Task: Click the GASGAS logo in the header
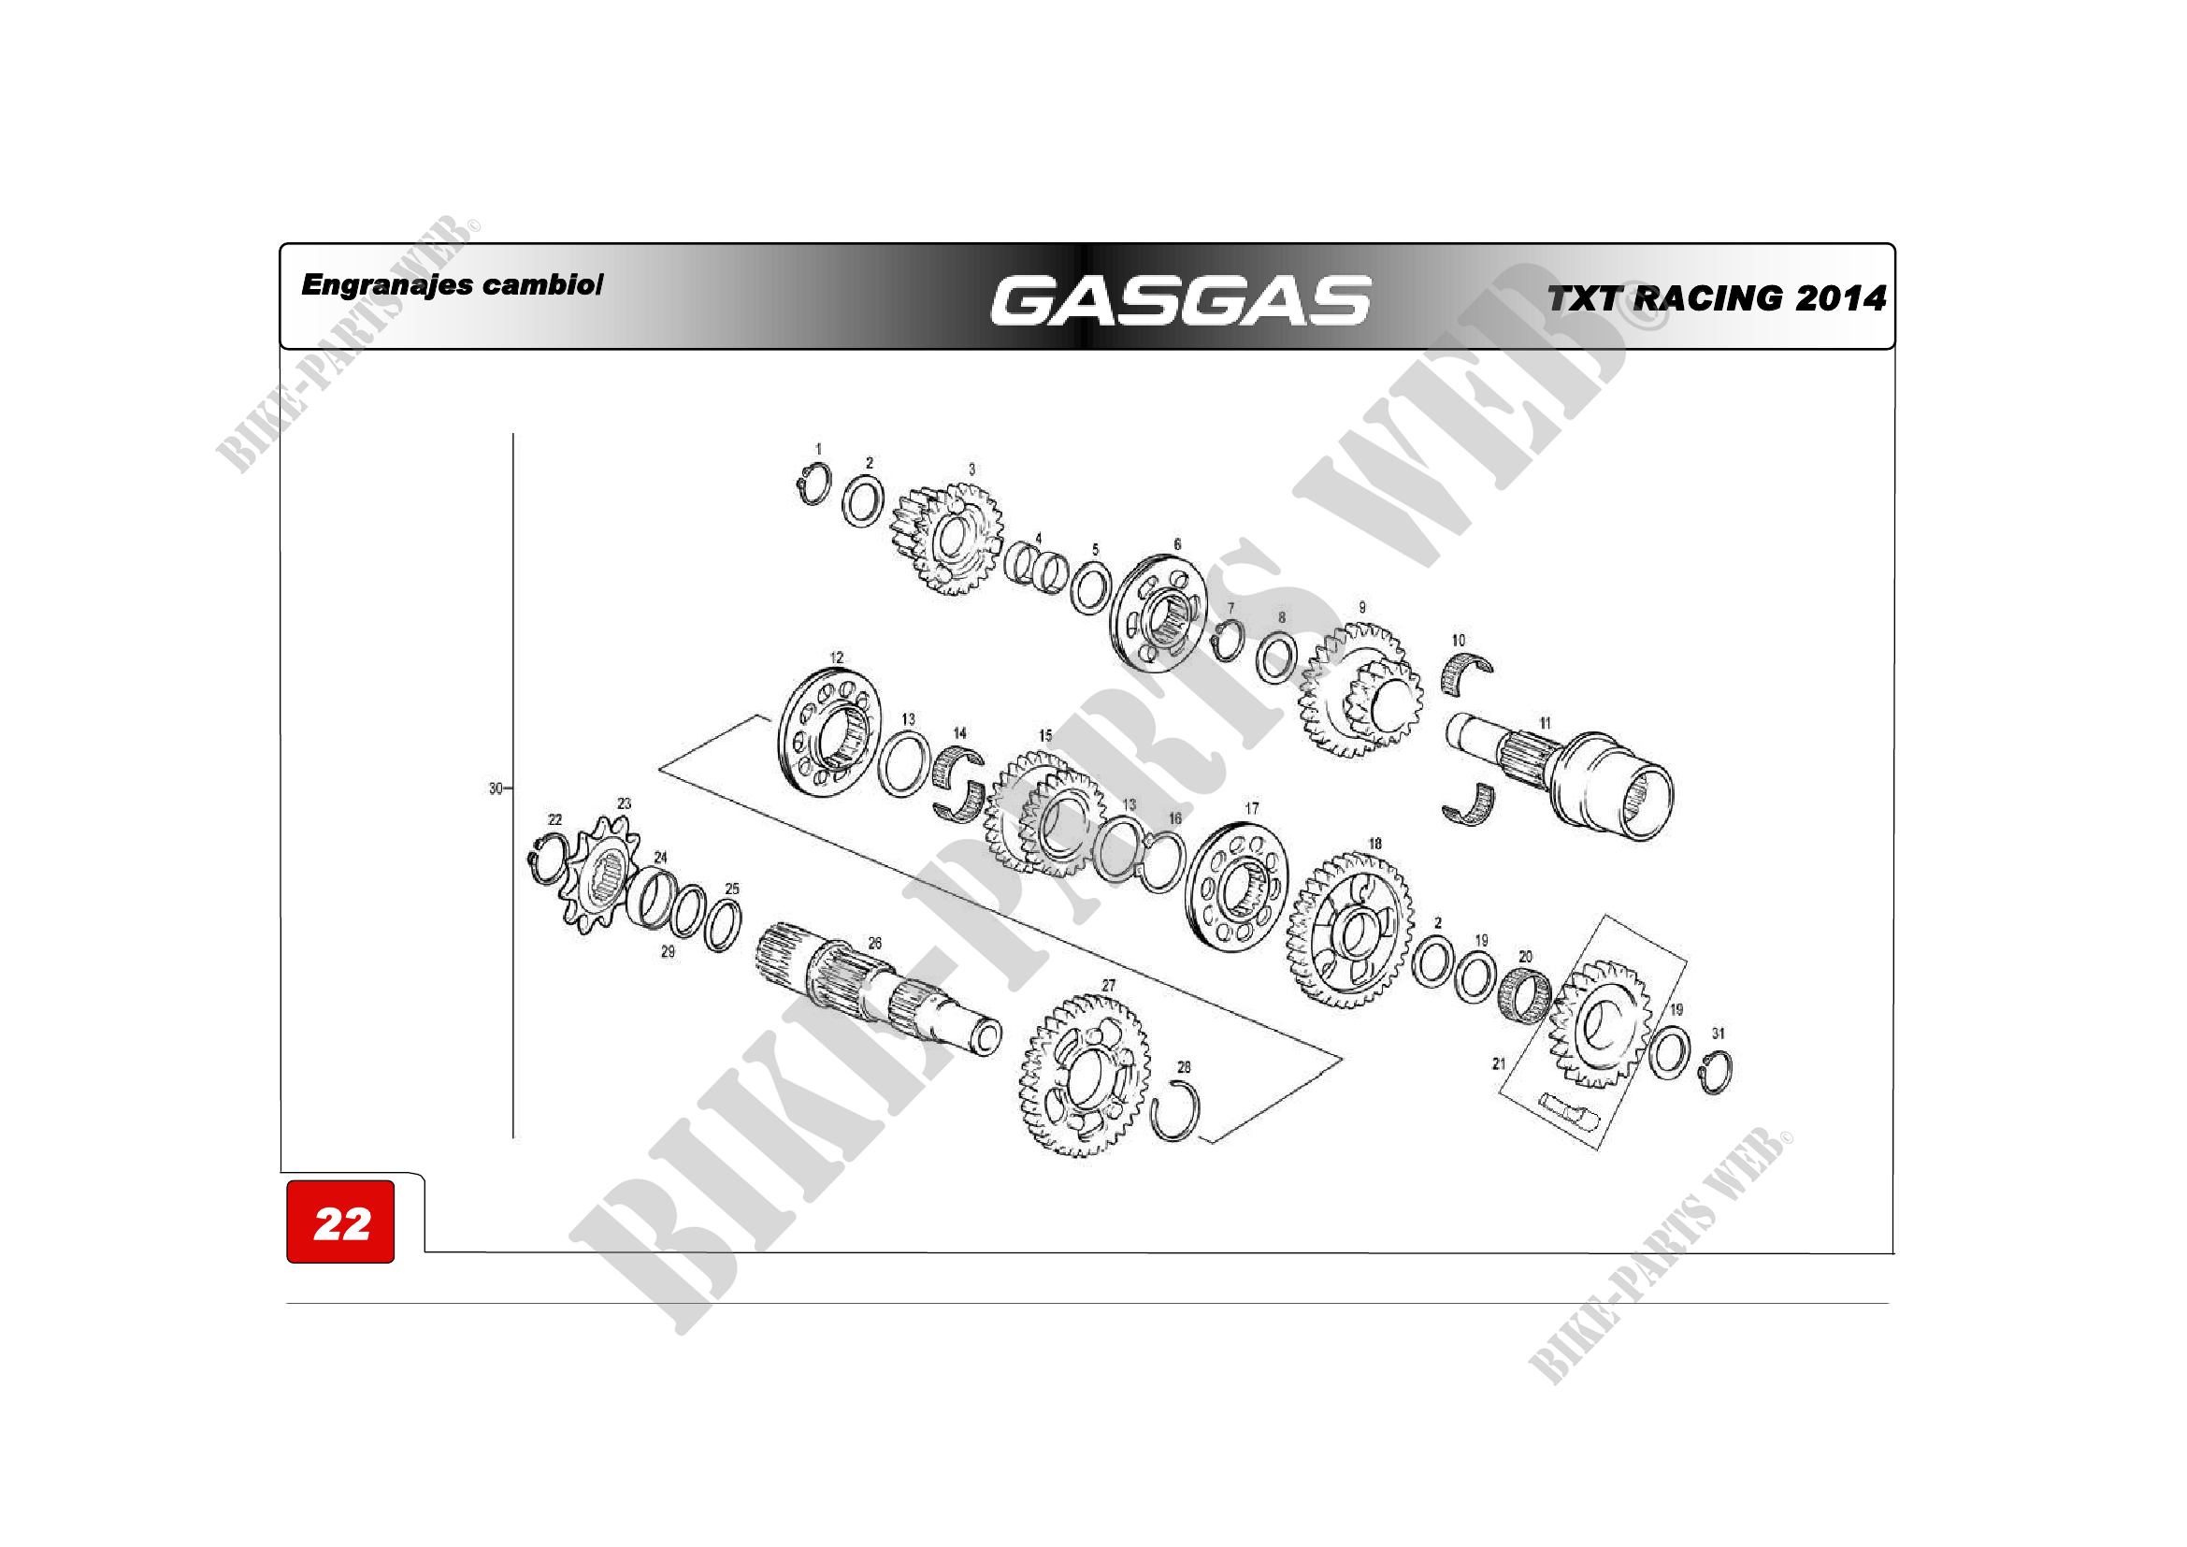click(1180, 300)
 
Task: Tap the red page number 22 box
click(340, 1222)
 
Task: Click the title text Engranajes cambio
click(452, 285)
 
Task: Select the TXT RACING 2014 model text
click(1717, 298)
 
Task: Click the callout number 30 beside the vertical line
click(496, 788)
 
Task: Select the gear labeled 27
click(1084, 1075)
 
